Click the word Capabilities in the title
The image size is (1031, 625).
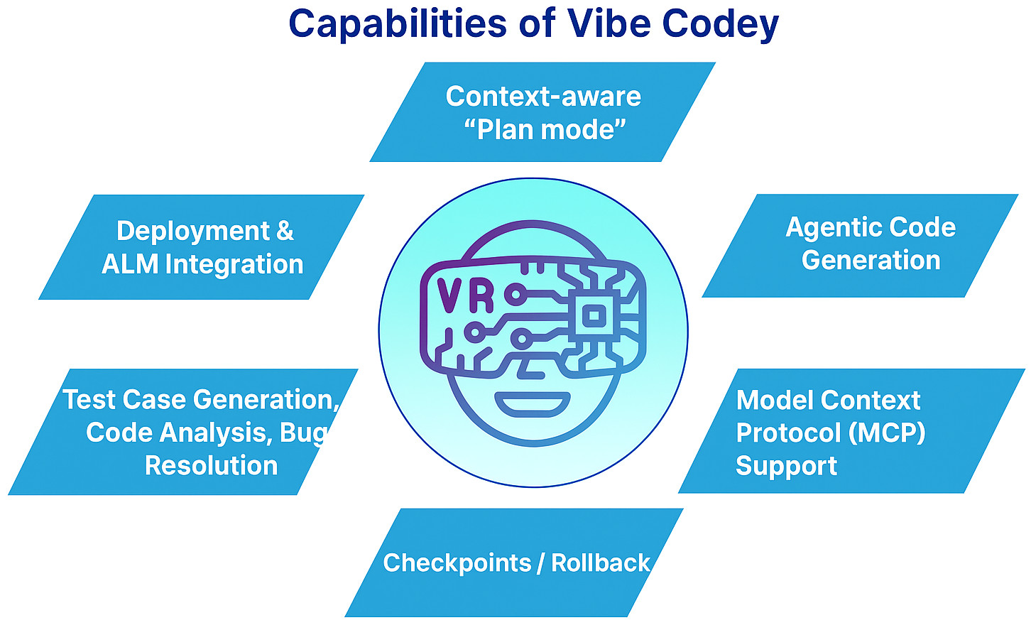(397, 23)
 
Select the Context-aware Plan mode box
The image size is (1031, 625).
(542, 112)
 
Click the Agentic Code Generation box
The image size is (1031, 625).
(861, 245)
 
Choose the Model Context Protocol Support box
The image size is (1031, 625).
(851, 431)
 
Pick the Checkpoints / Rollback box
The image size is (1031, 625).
(514, 562)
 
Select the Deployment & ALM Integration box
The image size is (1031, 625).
(202, 247)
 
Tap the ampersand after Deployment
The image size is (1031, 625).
(284, 231)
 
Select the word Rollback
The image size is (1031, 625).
(600, 562)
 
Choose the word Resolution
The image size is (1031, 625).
(211, 466)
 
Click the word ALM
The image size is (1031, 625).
(130, 264)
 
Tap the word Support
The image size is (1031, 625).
(786, 466)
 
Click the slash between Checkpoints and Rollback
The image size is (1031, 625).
(541, 562)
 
